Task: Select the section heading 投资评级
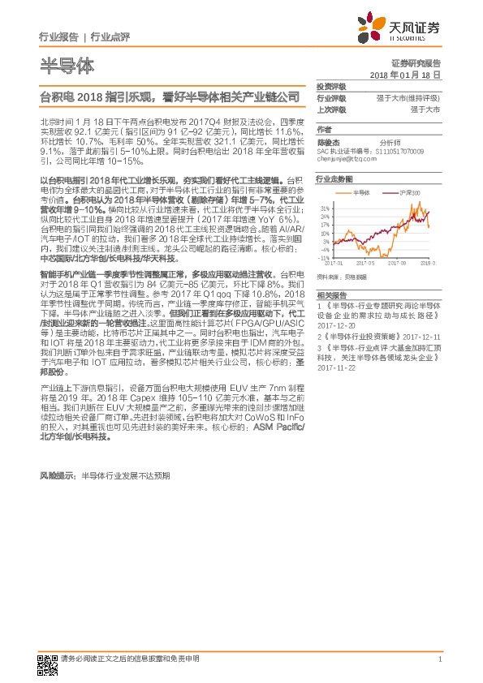click(x=331, y=85)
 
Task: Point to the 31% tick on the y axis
click(x=324, y=208)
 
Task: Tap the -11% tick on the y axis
click(x=323, y=257)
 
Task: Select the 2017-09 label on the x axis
click(x=399, y=263)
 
